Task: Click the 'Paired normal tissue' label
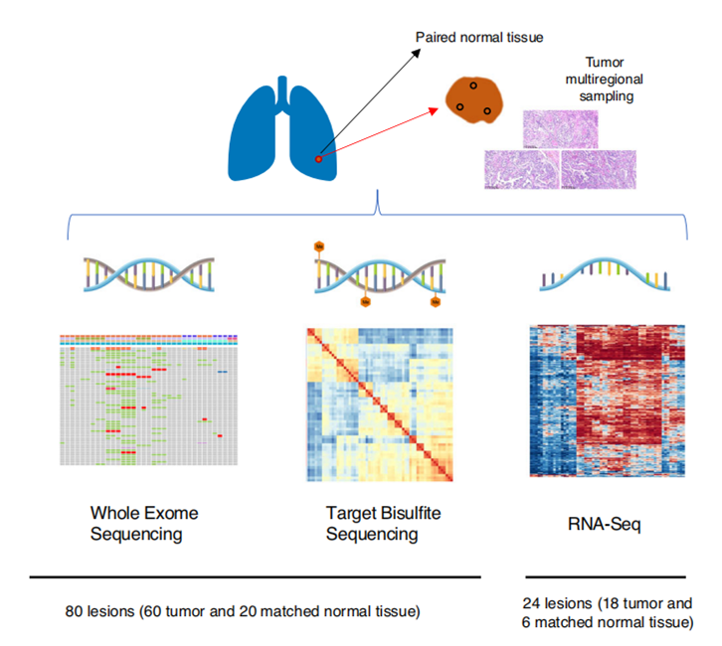[479, 38]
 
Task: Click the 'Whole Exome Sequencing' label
[144, 524]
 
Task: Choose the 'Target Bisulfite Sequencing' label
[372, 524]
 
